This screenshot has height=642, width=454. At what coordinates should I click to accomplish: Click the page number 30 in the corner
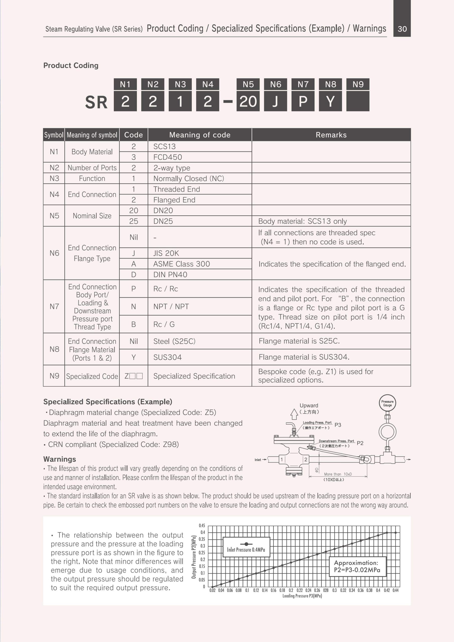pos(402,29)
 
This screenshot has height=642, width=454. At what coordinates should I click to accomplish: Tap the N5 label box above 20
pos(248,84)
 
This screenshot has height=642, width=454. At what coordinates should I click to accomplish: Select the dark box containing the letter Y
pos(330,101)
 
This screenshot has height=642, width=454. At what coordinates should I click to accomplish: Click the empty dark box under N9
pos(357,101)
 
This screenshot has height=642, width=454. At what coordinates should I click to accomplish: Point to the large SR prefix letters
pos(96,102)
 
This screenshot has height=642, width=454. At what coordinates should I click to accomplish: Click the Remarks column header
pos(331,135)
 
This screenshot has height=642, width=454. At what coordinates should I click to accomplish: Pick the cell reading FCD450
pos(168,157)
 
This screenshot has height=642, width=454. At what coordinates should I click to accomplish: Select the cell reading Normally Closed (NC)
pos(189,178)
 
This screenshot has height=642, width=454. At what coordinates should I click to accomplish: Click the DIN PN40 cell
pos(170,275)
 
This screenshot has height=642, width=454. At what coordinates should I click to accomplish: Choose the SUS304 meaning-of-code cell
pos(167,357)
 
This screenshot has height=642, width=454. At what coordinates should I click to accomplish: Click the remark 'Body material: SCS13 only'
pos(302,221)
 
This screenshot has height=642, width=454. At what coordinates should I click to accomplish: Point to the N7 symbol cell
pos(54,306)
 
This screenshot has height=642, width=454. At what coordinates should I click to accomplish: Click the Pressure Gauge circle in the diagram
pos(387,403)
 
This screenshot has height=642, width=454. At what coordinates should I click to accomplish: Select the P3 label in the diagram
pos(338,425)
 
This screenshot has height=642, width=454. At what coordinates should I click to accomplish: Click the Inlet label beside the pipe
pos(257,460)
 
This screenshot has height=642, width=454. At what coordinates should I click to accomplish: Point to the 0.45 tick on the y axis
pos(202,526)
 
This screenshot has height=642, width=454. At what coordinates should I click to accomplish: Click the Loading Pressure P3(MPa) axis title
pos(302,596)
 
